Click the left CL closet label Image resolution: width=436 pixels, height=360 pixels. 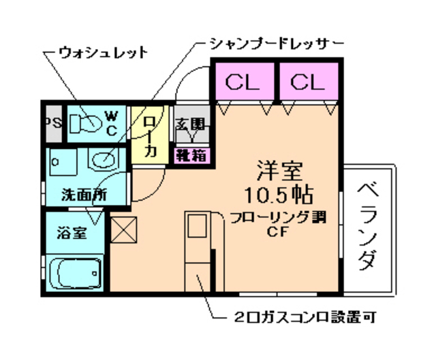click(x=243, y=83)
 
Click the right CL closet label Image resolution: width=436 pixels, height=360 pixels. click(x=308, y=83)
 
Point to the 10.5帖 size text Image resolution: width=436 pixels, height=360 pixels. click(x=280, y=194)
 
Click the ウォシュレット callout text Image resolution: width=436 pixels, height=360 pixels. click(x=103, y=52)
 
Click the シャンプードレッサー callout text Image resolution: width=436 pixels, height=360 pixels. click(x=276, y=45)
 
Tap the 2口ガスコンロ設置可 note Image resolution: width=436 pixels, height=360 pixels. click(x=302, y=317)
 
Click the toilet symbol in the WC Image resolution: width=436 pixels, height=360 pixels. click(x=85, y=123)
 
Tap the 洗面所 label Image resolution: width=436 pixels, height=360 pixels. click(x=84, y=193)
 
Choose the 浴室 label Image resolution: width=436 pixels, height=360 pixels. click(x=71, y=233)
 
